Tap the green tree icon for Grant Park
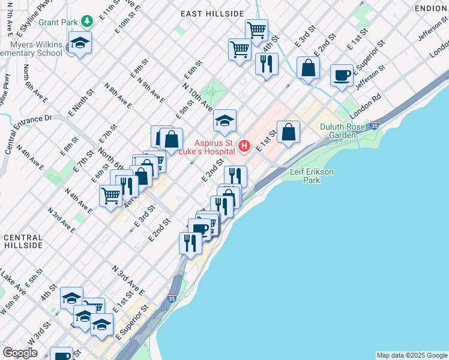(x=88, y=22)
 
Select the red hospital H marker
(x=244, y=146)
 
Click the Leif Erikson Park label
(x=312, y=175)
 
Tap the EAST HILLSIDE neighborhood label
(x=213, y=13)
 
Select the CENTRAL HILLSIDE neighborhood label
(x=23, y=241)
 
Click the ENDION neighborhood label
(x=431, y=8)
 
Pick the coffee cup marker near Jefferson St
(x=342, y=76)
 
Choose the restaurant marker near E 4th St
(x=267, y=64)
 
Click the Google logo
(x=20, y=353)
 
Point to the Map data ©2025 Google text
(x=412, y=355)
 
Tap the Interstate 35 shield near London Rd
(x=375, y=127)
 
